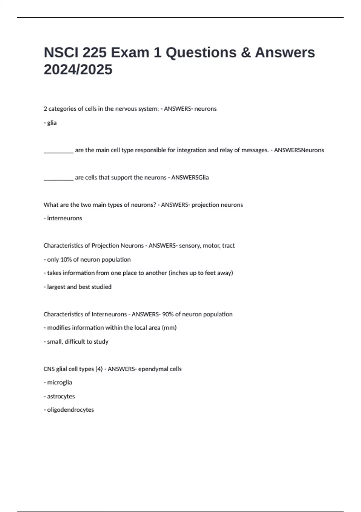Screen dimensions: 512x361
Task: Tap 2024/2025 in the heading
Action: (x=78, y=70)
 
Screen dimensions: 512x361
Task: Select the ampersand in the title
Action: (x=246, y=52)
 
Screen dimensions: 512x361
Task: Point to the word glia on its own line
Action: (x=52, y=123)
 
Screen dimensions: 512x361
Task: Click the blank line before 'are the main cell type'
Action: (x=58, y=151)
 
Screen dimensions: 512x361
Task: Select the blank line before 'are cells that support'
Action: (x=58, y=179)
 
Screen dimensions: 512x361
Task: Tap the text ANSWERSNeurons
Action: (x=299, y=150)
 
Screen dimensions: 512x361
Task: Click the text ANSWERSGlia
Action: (x=190, y=177)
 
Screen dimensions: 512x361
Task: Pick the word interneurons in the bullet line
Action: (x=64, y=218)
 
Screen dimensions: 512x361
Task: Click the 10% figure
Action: (x=66, y=259)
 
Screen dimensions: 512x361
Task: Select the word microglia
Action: (x=60, y=382)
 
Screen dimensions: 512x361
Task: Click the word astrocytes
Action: (x=61, y=396)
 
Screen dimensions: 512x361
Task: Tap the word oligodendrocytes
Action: (x=70, y=410)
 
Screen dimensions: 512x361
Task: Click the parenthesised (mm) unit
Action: (x=169, y=327)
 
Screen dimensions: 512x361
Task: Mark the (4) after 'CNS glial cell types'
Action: (x=99, y=369)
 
